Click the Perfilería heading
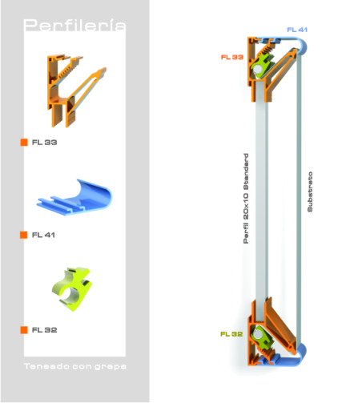[x=74, y=25]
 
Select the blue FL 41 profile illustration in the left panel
[x=74, y=198]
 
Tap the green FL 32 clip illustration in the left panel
[x=72, y=289]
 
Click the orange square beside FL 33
[x=24, y=143]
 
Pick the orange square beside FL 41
[x=24, y=235]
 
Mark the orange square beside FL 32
[x=24, y=330]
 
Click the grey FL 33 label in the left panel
[x=44, y=143]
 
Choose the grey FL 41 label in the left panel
[x=43, y=235]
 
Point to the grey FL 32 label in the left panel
[x=44, y=330]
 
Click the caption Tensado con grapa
[x=75, y=366]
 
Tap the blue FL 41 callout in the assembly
[x=297, y=30]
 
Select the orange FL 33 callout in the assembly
[x=232, y=57]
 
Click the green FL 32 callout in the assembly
[x=231, y=334]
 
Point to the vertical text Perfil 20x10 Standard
[x=246, y=198]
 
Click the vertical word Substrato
[x=310, y=191]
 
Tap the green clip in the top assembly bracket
[x=263, y=66]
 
